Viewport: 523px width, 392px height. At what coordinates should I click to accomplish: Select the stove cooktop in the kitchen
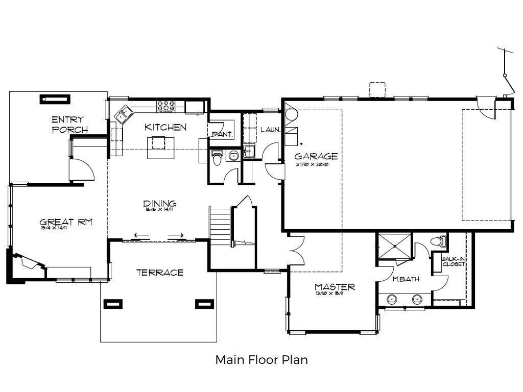coord(166,106)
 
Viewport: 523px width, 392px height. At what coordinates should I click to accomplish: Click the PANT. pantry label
coord(223,135)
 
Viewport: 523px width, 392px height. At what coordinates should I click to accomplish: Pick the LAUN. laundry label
coord(270,130)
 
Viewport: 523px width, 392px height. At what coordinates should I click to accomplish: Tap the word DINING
coord(160,204)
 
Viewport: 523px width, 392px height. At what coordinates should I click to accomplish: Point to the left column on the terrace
coord(113,304)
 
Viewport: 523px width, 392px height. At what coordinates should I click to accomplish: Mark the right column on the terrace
coord(204,304)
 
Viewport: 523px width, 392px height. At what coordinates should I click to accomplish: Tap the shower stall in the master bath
coord(394,247)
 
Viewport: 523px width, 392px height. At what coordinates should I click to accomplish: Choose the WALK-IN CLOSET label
coord(453,261)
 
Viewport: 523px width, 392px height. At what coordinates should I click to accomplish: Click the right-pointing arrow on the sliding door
coord(176,236)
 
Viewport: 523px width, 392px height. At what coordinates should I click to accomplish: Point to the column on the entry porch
coord(55,99)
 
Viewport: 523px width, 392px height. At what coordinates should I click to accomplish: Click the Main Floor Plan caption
coord(261,360)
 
